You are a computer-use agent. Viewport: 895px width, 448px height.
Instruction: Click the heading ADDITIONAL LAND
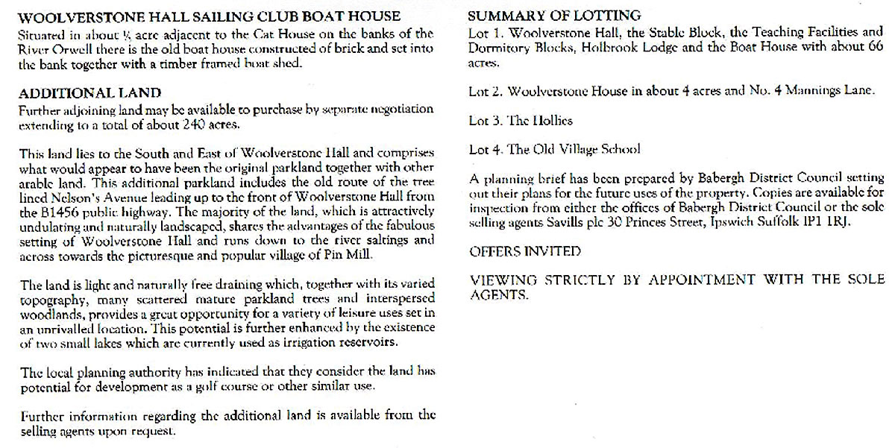click(89, 93)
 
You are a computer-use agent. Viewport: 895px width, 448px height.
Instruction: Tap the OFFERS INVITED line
click(525, 252)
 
